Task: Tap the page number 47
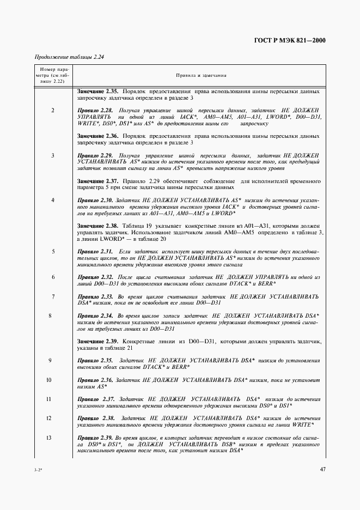click(x=322, y=469)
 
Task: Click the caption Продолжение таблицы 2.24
click(x=69, y=57)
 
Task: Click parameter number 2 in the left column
click(x=52, y=111)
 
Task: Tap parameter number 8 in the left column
click(x=50, y=316)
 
